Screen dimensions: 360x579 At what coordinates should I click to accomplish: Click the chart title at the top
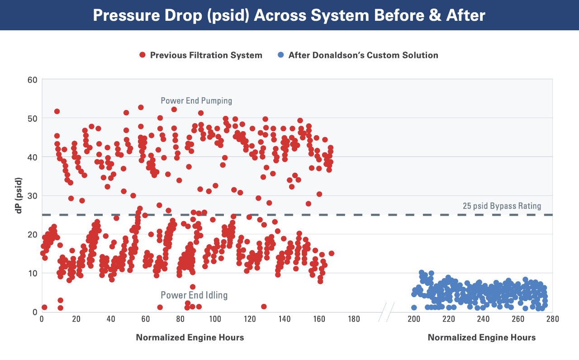coord(289,15)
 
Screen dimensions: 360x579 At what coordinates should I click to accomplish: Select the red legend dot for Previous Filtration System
coord(142,55)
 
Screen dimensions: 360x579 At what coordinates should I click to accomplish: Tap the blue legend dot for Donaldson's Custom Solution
coord(281,55)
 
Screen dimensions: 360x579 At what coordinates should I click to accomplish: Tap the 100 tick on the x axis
coord(214,319)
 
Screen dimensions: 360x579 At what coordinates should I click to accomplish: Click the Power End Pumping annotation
coord(196,100)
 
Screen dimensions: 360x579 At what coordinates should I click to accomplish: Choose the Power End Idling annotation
coord(194,295)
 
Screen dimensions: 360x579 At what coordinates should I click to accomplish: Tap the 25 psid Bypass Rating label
coord(502,206)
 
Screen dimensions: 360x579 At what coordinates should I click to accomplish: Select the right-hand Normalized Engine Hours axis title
coord(482,337)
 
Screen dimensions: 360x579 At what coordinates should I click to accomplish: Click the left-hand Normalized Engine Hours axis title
coord(190,337)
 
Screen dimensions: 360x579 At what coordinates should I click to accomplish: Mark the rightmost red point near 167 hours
coord(332,253)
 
